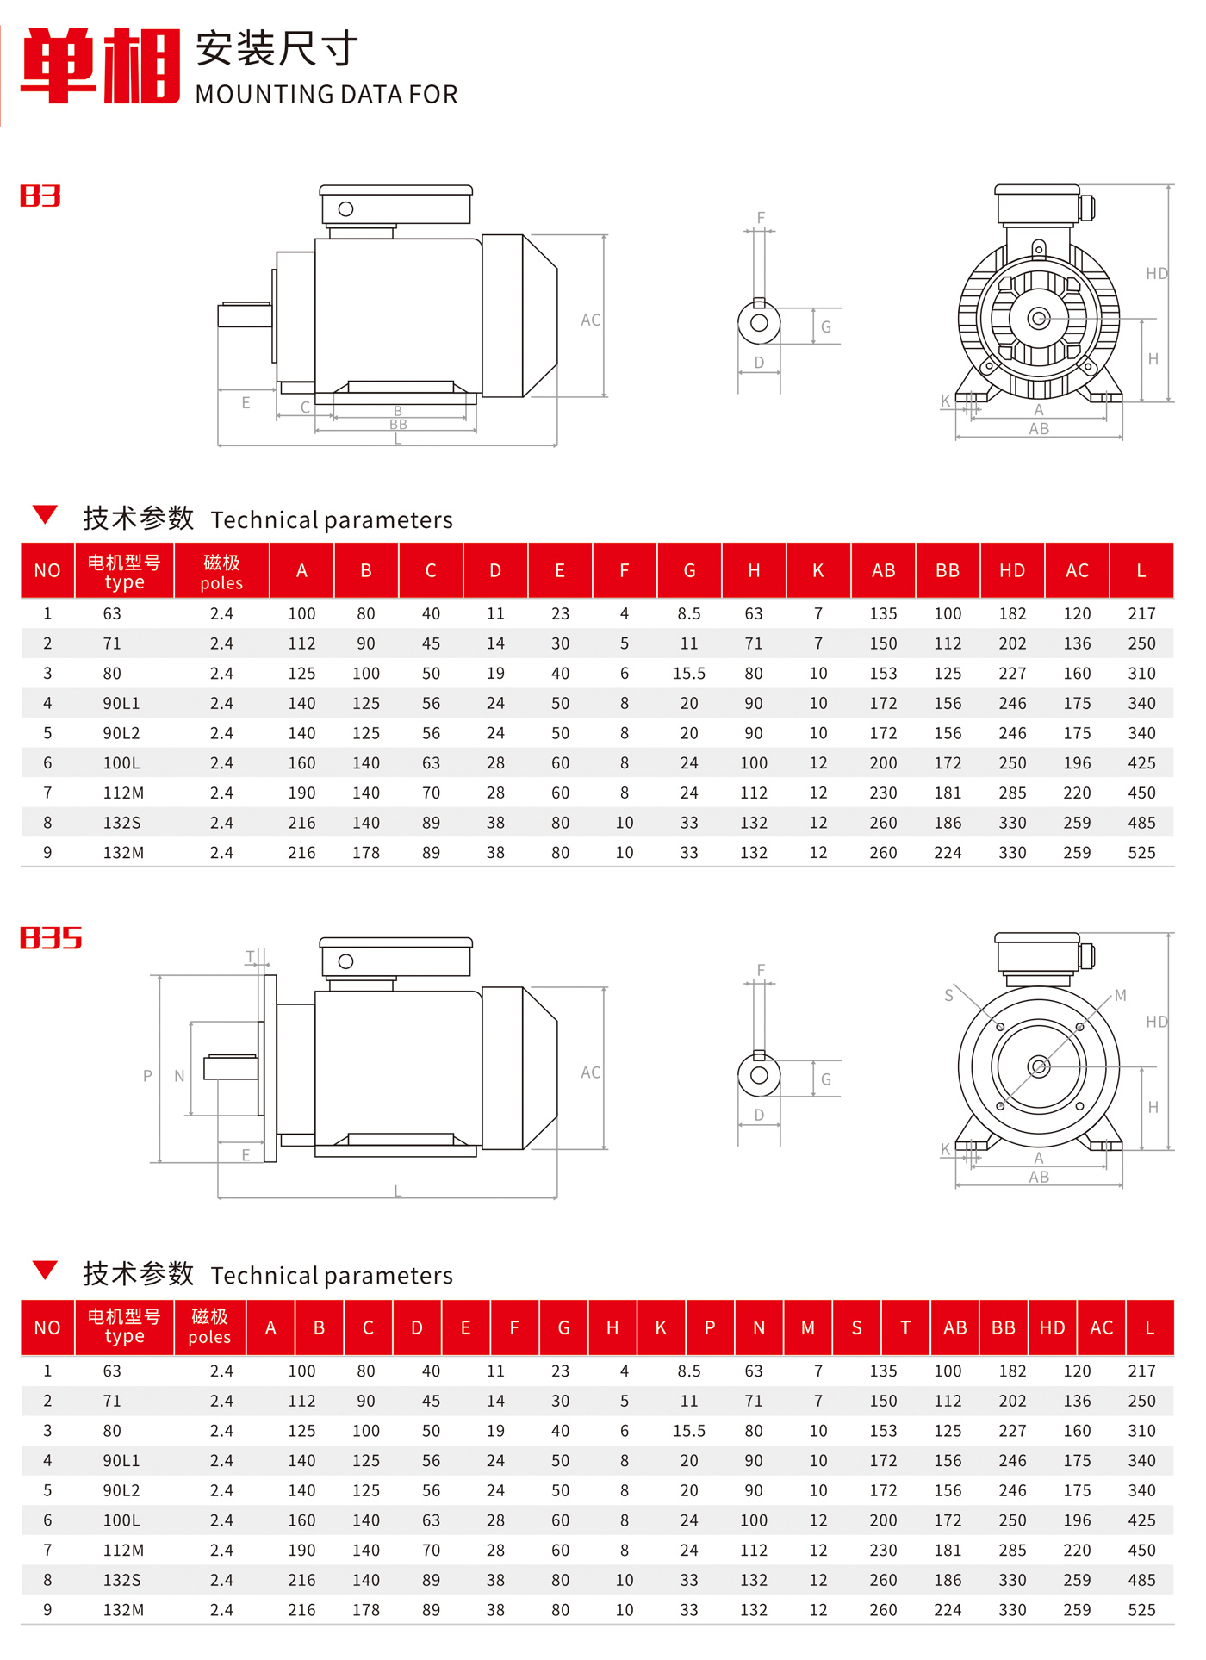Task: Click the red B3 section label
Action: point(40,196)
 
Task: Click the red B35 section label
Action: point(51,938)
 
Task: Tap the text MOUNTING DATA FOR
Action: point(326,94)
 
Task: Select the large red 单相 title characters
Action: point(101,65)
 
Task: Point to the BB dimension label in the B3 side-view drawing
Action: point(398,425)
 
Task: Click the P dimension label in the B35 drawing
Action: point(147,1076)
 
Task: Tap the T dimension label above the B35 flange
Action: point(251,957)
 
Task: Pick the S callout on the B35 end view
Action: point(948,996)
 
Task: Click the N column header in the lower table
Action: point(759,1328)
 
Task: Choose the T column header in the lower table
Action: point(905,1328)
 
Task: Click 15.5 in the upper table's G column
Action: point(689,674)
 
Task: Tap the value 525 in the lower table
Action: point(1141,1610)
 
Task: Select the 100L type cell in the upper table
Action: point(121,763)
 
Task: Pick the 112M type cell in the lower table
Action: point(123,1551)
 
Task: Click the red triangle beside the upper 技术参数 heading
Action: point(45,515)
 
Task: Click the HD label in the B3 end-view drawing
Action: point(1156,274)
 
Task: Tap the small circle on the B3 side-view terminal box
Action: point(346,209)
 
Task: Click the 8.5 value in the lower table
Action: point(689,1371)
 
